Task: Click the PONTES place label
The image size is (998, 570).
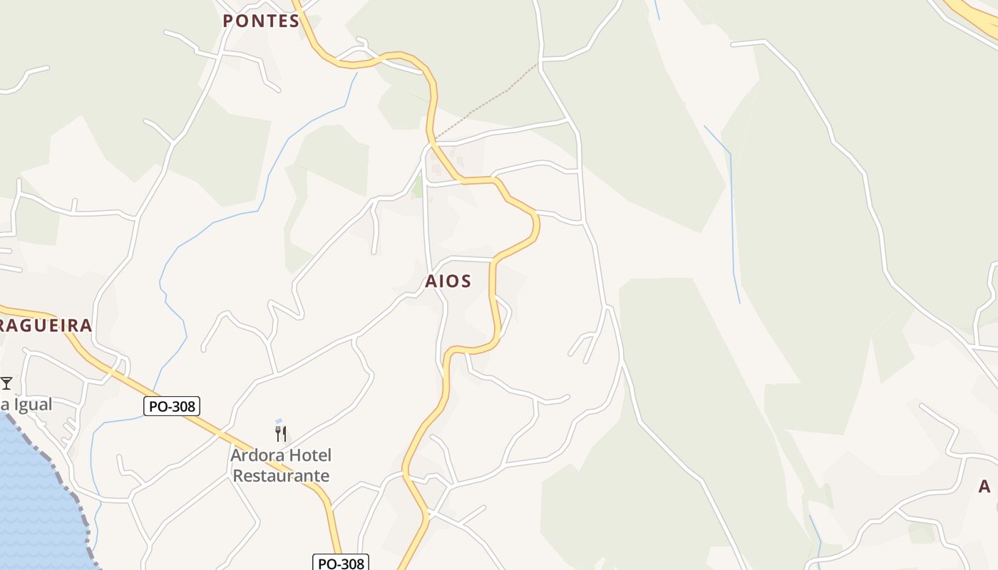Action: pos(261,21)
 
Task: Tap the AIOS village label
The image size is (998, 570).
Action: pos(448,281)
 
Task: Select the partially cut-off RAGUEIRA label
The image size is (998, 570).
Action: pos(46,326)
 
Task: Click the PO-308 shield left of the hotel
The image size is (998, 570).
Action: pos(172,406)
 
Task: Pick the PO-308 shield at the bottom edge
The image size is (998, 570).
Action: pos(341,564)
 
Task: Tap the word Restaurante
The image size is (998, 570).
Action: pos(281,476)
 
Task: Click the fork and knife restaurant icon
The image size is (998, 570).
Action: pos(281,433)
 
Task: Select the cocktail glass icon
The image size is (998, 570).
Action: pos(6,383)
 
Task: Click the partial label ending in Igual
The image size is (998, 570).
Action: pos(26,405)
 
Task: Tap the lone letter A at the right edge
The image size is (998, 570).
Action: pos(984,487)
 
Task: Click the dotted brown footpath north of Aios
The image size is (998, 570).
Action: pos(492,100)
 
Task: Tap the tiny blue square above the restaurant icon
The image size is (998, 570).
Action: pos(279,421)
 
